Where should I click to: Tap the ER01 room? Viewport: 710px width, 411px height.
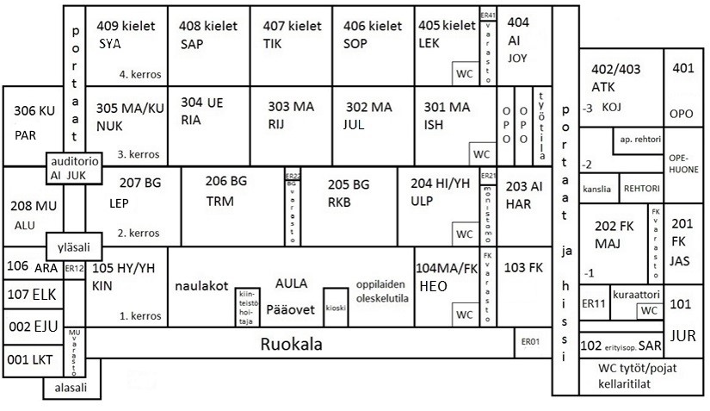pyautogui.click(x=530, y=342)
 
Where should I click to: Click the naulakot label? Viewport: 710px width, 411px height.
pyautogui.click(x=201, y=284)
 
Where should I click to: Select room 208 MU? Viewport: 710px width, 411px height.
pyautogui.click(x=34, y=214)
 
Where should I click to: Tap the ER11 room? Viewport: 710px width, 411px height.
pyautogui.click(x=594, y=303)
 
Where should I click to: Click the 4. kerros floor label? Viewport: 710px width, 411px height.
pyautogui.click(x=141, y=74)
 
